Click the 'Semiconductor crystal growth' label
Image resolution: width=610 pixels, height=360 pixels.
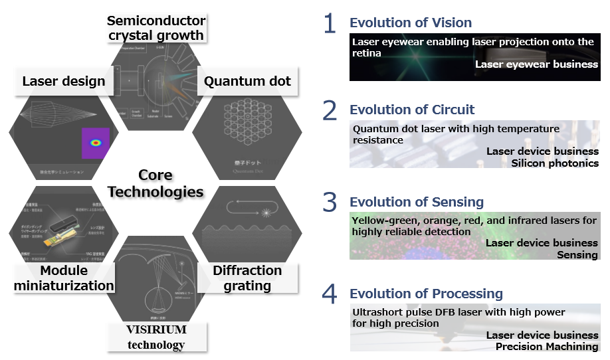click(155, 27)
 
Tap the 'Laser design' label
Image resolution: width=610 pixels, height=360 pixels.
click(64, 82)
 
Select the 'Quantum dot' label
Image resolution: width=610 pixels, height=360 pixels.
click(247, 82)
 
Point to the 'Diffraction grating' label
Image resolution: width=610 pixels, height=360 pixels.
click(247, 278)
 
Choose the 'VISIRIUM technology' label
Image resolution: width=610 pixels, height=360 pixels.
click(156, 337)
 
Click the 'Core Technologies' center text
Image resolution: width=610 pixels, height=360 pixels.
click(155, 184)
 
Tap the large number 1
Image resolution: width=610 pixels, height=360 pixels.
click(330, 24)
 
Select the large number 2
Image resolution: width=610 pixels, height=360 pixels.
click(330, 111)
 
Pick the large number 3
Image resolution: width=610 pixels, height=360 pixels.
click(330, 203)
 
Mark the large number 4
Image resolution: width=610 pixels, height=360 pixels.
click(330, 294)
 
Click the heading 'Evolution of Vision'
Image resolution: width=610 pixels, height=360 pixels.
click(411, 23)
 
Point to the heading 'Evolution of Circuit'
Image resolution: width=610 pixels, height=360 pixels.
click(412, 110)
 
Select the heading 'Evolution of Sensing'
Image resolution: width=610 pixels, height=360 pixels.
click(417, 202)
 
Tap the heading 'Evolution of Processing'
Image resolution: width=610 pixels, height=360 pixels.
click(426, 294)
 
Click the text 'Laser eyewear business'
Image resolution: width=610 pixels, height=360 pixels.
click(536, 64)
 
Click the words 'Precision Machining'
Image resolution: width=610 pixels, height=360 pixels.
click(547, 346)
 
